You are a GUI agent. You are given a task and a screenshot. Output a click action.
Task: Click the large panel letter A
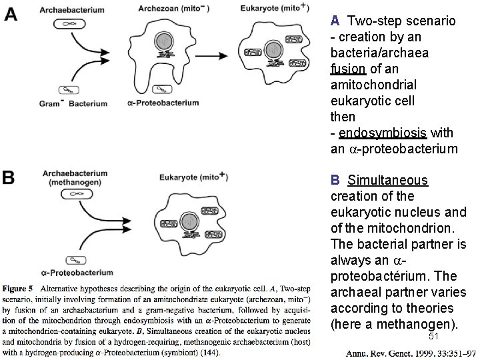click(11, 13)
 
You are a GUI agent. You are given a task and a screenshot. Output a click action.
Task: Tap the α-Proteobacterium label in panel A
click(163, 104)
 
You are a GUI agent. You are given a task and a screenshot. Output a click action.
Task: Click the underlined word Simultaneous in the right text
click(388, 181)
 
